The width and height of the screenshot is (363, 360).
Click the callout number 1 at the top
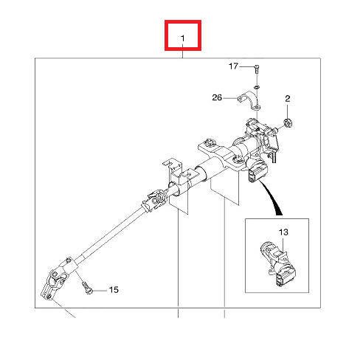[182, 38]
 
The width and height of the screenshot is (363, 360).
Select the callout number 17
[233, 66]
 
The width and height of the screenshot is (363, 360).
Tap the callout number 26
[217, 97]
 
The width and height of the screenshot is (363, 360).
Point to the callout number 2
[288, 99]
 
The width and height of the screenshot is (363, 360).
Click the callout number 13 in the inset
[283, 232]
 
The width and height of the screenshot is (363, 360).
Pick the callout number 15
[114, 290]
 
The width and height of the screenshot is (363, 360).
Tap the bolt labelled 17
[257, 69]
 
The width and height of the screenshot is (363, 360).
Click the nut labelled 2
[288, 122]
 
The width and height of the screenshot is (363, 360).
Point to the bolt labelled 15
[87, 287]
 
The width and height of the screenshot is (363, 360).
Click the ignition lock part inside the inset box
[277, 264]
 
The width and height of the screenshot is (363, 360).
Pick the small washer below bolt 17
[257, 87]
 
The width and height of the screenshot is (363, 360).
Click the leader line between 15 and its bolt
[100, 291]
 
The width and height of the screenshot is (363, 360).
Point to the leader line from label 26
[230, 98]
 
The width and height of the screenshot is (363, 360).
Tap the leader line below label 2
[287, 111]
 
